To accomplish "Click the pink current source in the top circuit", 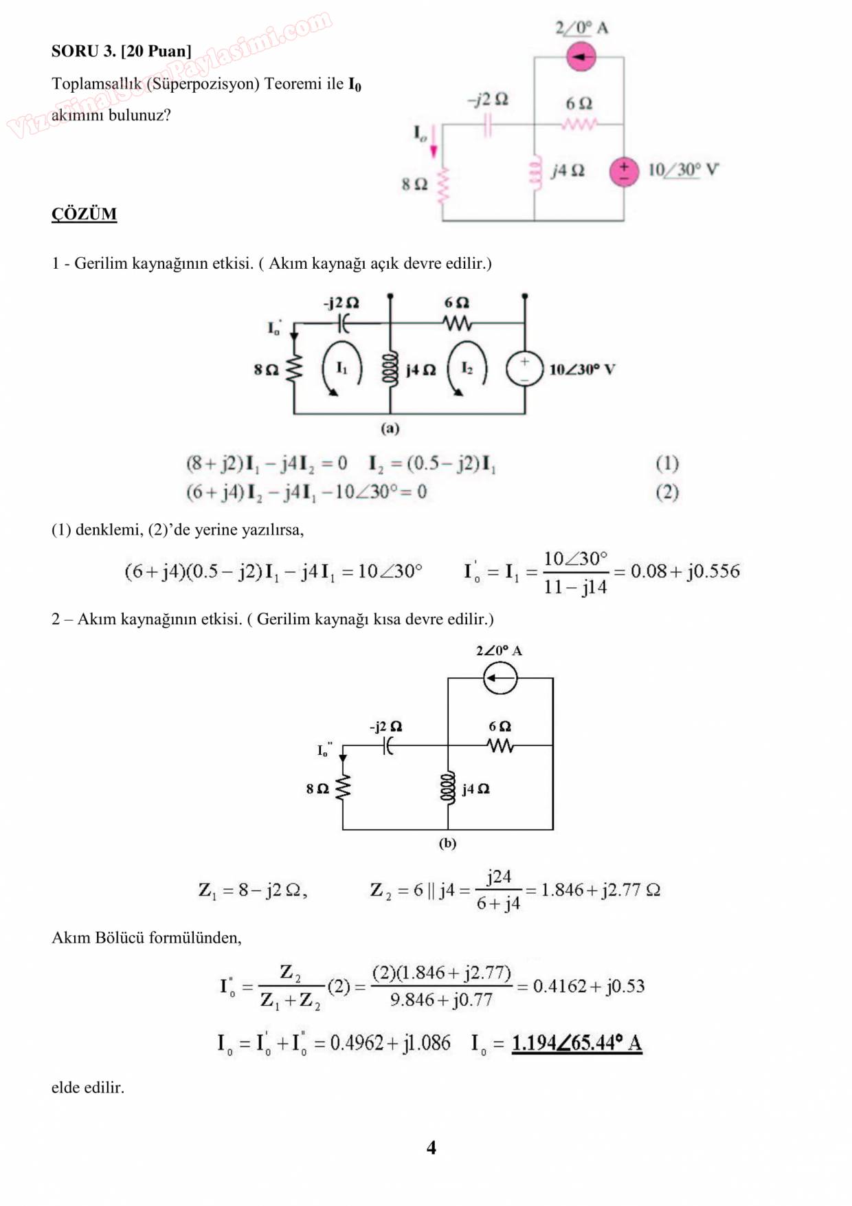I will tap(581, 56).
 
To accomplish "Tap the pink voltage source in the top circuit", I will tap(624, 172).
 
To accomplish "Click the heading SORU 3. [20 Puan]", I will tap(121, 51).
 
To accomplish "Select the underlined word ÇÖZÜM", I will tap(84, 214).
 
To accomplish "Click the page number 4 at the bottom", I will tap(431, 1147).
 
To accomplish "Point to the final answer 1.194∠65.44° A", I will tap(576, 1043).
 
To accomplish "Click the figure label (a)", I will tap(390, 428).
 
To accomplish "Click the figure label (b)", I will tap(447, 843).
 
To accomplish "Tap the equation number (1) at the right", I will tap(666, 463).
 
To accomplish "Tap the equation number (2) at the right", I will tap(666, 492).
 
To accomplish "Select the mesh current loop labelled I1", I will tap(341, 369).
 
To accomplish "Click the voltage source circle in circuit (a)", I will tap(524, 369).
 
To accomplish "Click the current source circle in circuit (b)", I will tap(500, 679).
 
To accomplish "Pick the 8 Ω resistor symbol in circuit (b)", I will tap(342, 788).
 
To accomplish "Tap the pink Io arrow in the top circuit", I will tap(434, 149).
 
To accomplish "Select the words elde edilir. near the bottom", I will tap(88, 1088).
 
